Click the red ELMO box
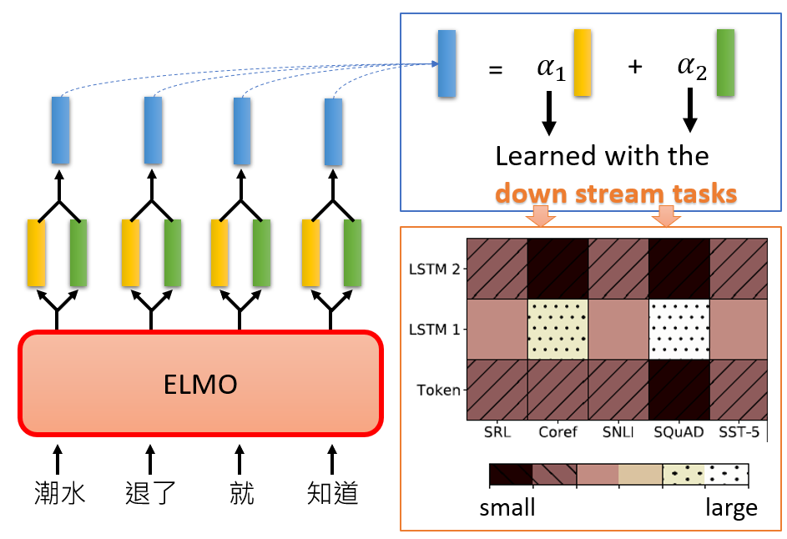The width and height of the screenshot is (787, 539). point(200,384)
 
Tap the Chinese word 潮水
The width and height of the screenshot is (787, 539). point(59,492)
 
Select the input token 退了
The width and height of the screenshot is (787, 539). point(150,492)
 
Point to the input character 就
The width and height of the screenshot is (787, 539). point(241,492)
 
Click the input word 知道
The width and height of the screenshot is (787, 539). point(332,492)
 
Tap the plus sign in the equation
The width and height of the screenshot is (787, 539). point(635,68)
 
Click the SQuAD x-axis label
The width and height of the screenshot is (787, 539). point(678,433)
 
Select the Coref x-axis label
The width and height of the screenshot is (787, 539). point(557,433)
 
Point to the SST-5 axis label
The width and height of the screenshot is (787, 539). point(739,433)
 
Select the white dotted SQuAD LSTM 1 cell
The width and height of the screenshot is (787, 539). point(679,329)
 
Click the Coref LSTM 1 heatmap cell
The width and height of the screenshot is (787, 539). point(557,329)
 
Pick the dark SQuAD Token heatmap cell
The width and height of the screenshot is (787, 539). point(679,389)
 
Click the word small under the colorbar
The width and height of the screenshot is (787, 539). point(507,507)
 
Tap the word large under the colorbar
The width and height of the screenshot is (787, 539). point(731,507)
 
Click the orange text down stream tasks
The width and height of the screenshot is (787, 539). point(615,194)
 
